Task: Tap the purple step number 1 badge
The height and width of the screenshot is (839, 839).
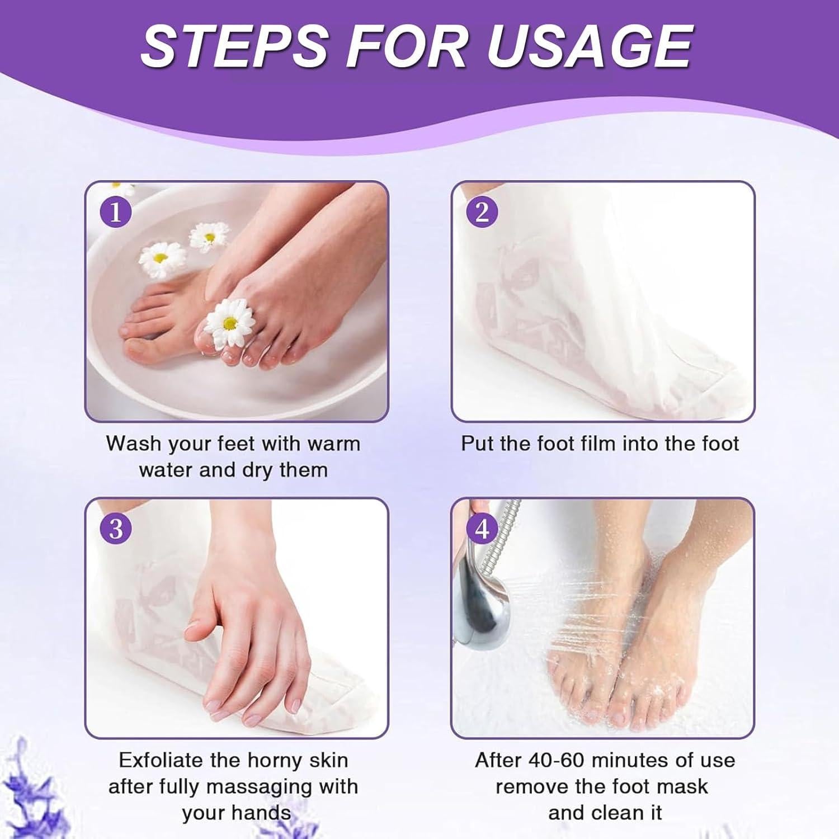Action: [x=115, y=212]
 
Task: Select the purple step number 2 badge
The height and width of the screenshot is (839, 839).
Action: [x=482, y=212]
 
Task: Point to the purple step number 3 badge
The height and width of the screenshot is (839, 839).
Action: [x=115, y=529]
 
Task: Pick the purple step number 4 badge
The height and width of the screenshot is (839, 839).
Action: [x=482, y=529]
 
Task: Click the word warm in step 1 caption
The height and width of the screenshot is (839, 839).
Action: [x=333, y=444]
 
